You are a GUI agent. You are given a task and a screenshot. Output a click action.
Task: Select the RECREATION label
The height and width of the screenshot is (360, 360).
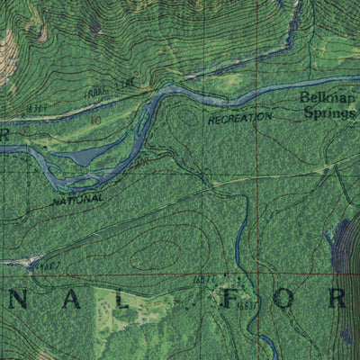(x=239, y=117)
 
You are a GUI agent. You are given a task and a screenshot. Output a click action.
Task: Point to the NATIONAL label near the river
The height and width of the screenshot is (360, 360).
(x=77, y=201)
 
